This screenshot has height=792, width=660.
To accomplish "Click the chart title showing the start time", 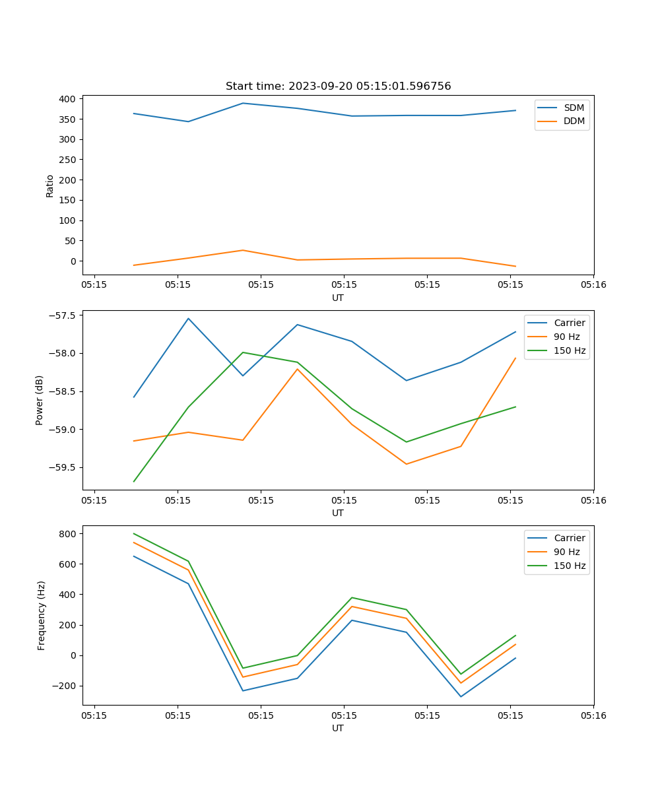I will [338, 86].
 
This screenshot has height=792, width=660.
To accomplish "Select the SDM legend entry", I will [574, 108].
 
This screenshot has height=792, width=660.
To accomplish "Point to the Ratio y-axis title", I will [50, 186].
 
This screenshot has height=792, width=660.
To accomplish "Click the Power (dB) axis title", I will [40, 400].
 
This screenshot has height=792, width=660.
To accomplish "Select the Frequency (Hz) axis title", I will [42, 615].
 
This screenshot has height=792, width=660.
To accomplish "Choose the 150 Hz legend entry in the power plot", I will [570, 350].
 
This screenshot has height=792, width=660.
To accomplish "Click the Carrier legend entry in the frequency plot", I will [569, 538].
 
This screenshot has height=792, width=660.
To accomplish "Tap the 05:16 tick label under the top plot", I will [593, 285].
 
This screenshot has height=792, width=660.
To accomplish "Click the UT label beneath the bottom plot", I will [338, 728].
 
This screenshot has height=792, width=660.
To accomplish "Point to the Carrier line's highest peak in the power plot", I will [188, 319].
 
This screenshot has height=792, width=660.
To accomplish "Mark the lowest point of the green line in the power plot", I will [134, 481].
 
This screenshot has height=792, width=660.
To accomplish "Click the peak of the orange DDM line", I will [243, 250].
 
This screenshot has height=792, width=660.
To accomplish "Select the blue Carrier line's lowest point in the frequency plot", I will [461, 696].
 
